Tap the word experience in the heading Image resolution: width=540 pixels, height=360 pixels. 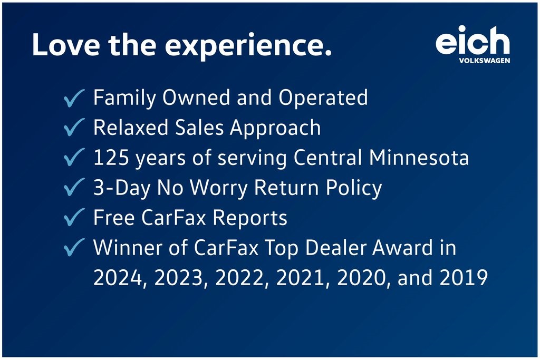pos(248,46)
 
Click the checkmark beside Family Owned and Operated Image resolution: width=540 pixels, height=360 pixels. pos(74,99)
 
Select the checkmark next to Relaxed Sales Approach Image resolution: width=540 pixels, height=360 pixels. pos(74,128)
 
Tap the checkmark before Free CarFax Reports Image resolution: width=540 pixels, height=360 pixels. pos(74,218)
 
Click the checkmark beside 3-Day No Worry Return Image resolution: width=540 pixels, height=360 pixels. pos(74,188)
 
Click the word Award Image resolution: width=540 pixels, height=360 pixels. pos(392,248)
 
